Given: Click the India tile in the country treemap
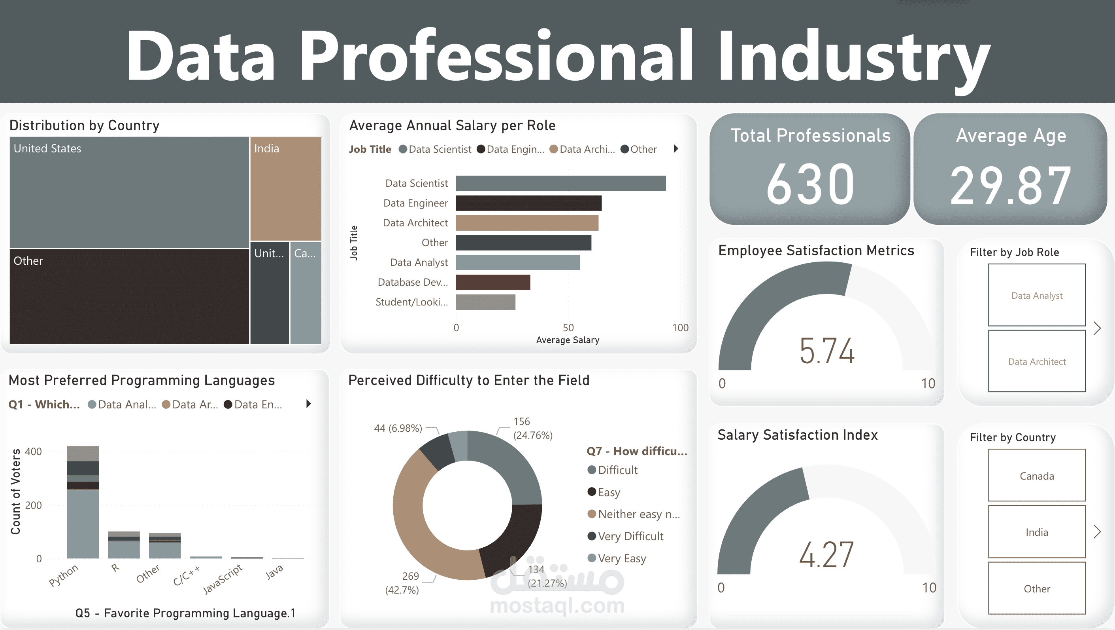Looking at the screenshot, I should coord(286,188).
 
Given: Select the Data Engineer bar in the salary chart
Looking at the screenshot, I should coord(528,203).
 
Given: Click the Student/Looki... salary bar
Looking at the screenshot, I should coord(485,302).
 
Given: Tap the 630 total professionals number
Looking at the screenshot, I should coord(810,184).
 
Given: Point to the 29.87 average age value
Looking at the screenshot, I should coord(1011,186).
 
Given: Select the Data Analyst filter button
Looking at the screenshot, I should coord(1037,295).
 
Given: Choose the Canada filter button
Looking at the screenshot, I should coord(1037,475).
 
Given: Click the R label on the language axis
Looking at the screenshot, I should coord(115,567).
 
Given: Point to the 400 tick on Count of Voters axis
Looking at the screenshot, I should coord(33,452).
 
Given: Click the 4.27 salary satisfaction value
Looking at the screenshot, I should coord(826,554).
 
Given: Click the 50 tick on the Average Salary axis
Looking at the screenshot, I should coord(568,328).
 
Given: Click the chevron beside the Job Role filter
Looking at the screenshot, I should coord(1097,328).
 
